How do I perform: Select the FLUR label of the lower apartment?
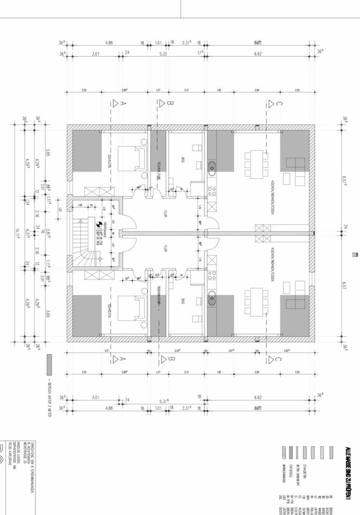click(166, 249)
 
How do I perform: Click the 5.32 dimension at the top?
click(163, 54)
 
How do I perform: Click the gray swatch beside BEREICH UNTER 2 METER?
click(50, 364)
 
